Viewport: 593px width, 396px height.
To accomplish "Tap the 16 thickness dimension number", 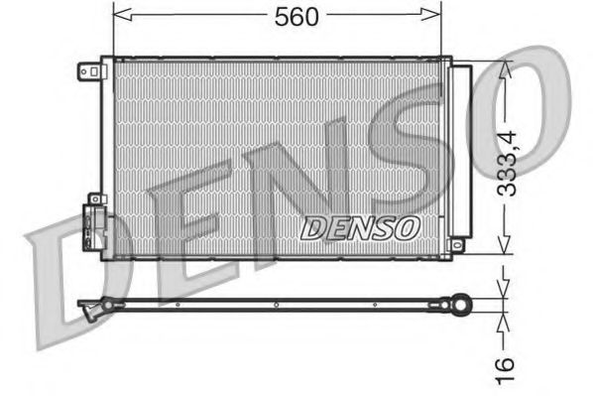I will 508,365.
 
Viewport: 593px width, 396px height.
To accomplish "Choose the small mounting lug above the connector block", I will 94,198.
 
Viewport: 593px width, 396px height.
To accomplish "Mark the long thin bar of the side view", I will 278,301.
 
